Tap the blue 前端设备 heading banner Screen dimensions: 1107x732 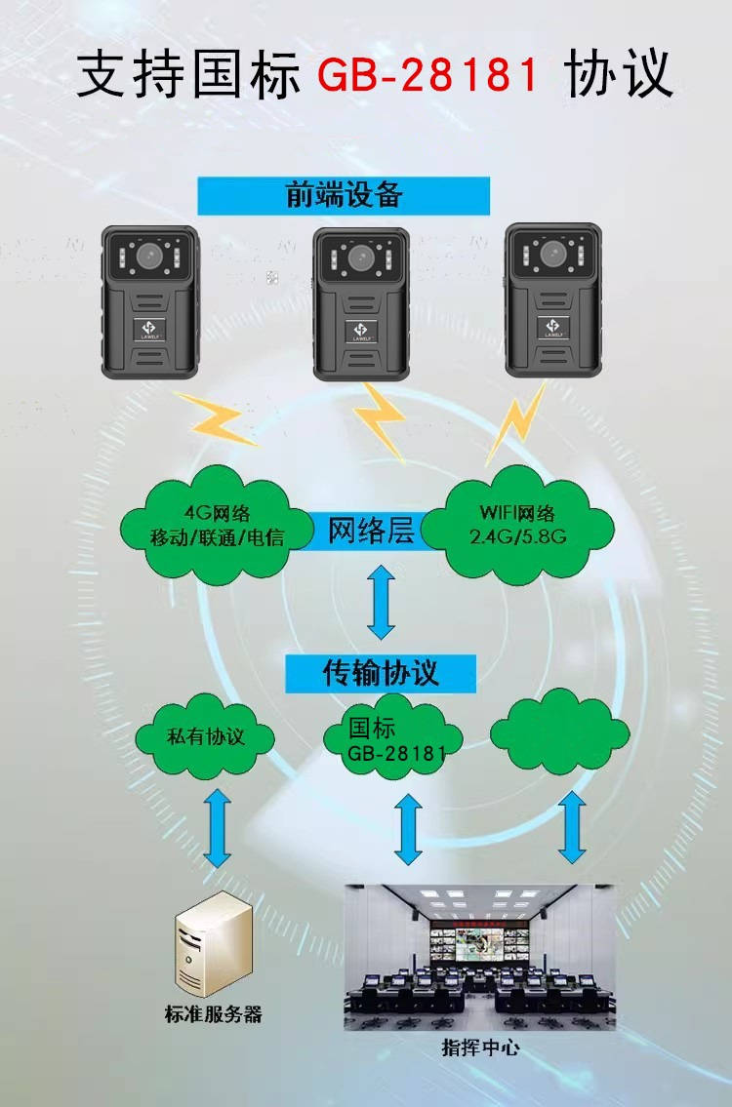(344, 195)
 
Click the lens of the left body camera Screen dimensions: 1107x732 (150, 257)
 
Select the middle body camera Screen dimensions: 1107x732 (360, 304)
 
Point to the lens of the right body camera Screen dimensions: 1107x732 (552, 255)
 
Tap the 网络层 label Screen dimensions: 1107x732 (371, 532)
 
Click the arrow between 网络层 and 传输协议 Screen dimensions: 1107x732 (381, 604)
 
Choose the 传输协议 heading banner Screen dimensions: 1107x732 (381, 673)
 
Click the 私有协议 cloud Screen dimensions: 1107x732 (204, 736)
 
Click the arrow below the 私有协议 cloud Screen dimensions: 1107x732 (218, 827)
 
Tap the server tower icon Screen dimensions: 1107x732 (206, 944)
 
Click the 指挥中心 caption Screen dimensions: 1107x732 (480, 1048)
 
